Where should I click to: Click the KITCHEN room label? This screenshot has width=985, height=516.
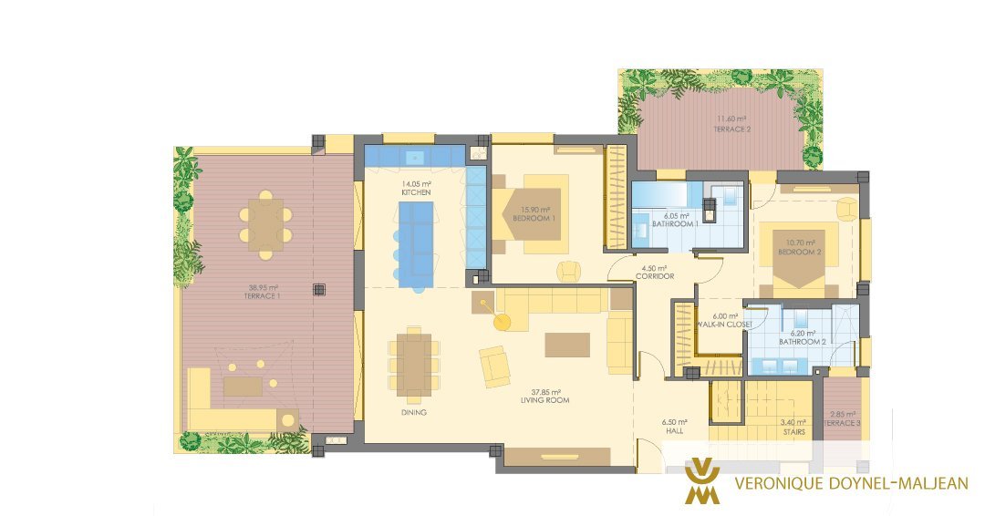click(x=416, y=192)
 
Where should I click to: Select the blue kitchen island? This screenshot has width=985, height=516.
click(x=417, y=244)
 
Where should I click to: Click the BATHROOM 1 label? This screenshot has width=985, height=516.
click(x=675, y=223)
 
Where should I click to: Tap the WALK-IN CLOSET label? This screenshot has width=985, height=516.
click(x=724, y=325)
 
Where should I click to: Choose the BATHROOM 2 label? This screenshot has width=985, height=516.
click(x=803, y=342)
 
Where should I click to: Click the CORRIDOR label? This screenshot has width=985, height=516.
click(x=655, y=276)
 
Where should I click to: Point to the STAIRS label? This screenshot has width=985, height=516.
click(x=794, y=432)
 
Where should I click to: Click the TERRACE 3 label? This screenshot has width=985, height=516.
click(x=842, y=423)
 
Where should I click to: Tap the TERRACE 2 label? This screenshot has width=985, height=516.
click(x=731, y=129)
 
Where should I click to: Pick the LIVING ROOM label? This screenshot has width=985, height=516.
click(x=545, y=400)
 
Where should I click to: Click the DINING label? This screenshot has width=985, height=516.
click(x=413, y=412)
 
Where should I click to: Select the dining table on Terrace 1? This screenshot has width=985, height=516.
click(x=265, y=225)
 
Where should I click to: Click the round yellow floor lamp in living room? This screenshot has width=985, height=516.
click(x=502, y=322)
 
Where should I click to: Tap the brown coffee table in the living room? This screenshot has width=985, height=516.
click(x=567, y=345)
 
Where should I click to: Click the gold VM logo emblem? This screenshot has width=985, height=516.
click(x=702, y=481)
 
